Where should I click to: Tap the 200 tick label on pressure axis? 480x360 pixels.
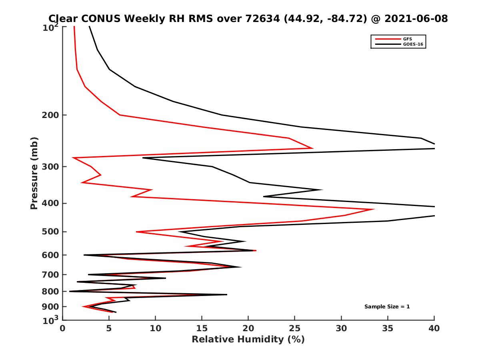coord(50,115)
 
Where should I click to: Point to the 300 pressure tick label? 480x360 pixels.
coord(50,166)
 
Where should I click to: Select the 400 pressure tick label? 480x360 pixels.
coord(50,203)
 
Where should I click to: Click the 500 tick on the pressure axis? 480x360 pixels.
coord(50,232)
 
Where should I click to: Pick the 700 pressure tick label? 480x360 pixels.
coord(50,274)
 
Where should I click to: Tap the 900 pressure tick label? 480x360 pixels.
coord(50,307)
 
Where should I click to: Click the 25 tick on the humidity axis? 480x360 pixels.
coord(295,328)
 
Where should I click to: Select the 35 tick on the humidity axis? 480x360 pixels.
coord(388,328)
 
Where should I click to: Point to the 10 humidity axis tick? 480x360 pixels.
coord(155,328)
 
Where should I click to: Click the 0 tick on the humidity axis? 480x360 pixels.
coord(63,328)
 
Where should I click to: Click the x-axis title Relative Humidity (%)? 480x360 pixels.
coord(248,340)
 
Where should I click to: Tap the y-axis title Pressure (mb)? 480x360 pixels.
coord(34,173)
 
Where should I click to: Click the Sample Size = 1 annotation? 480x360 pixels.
coord(387,307)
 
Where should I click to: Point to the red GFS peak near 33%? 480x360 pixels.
coord(374,209)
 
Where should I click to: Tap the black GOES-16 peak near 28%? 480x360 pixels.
coord(322,190)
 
